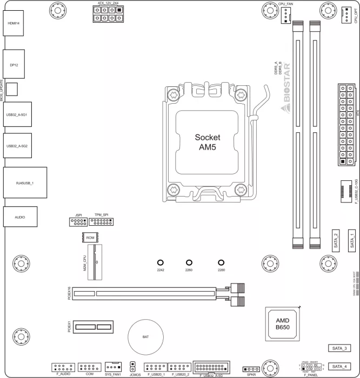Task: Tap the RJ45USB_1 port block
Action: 24,183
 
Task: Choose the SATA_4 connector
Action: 341,365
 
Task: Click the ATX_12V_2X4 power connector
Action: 108,13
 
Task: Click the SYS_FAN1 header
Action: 113,367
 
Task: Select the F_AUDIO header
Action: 63,366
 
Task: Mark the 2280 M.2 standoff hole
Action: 221,261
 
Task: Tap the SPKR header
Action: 251,368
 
